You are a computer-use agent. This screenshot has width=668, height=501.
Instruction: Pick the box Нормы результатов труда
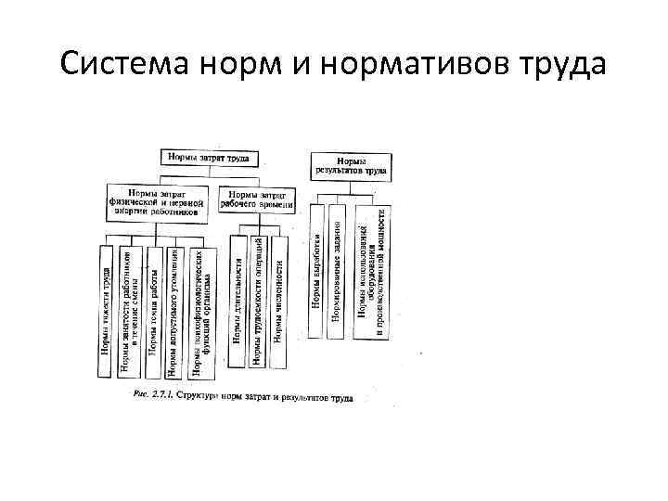coord(350,164)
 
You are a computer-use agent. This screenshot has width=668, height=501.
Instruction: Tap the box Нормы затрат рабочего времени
coord(259,199)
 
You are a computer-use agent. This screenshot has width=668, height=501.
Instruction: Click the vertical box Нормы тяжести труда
coord(106,311)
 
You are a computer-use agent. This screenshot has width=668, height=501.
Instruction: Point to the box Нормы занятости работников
coord(129,311)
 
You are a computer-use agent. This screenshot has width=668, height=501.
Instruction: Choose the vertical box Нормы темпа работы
coord(152,311)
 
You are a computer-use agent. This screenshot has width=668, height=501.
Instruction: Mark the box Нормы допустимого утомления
coord(173,311)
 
